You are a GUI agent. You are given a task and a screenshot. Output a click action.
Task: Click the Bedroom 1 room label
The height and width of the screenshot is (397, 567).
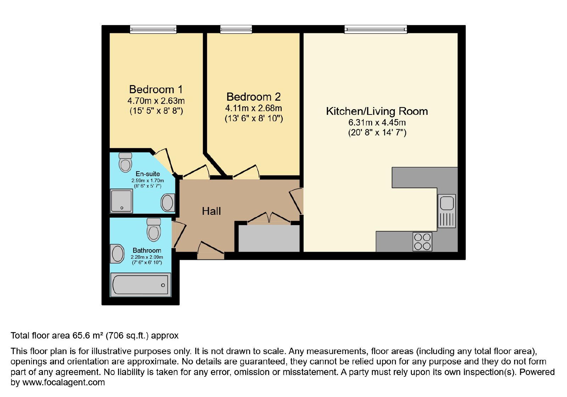[x=156, y=89]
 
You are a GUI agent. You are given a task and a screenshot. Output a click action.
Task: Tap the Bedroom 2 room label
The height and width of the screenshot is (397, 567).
[x=254, y=97]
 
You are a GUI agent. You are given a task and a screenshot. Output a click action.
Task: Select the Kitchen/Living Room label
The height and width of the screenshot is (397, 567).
[x=377, y=111]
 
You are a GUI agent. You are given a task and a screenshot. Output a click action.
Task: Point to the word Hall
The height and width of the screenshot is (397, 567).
[x=211, y=211]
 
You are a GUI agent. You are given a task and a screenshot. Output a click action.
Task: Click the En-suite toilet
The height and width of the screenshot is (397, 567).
[x=125, y=162]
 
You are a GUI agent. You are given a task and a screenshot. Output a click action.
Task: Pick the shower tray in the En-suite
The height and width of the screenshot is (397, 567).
[x=121, y=201]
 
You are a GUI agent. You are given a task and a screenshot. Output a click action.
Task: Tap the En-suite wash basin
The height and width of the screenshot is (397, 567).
[x=168, y=202]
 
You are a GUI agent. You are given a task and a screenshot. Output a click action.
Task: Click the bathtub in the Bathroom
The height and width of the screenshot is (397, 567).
[x=140, y=285]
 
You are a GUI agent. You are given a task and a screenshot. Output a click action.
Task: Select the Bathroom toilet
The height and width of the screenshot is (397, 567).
[x=154, y=230]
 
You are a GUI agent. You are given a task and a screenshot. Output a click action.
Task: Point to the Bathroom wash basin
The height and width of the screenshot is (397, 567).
[x=117, y=253]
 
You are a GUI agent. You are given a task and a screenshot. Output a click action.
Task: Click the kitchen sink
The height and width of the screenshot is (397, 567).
[x=447, y=211]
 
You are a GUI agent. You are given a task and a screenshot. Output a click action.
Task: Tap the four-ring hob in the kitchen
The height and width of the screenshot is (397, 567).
[x=422, y=242]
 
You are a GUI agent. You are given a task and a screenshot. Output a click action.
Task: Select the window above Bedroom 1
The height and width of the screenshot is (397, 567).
[x=153, y=29]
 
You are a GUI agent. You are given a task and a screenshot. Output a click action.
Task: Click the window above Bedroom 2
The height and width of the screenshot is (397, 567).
[x=236, y=29]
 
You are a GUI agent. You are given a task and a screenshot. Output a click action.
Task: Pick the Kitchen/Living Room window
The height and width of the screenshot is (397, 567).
[x=376, y=29]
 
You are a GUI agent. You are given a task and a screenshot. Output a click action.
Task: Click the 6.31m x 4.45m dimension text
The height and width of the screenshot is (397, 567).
[x=377, y=123]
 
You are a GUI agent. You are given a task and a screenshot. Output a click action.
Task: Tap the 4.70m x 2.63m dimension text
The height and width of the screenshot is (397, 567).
[x=156, y=101]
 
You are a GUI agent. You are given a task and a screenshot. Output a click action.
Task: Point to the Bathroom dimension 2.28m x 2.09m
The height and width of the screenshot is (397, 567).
[x=147, y=257]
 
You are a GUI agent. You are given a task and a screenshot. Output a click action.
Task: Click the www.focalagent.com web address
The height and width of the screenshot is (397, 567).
[x=63, y=382]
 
